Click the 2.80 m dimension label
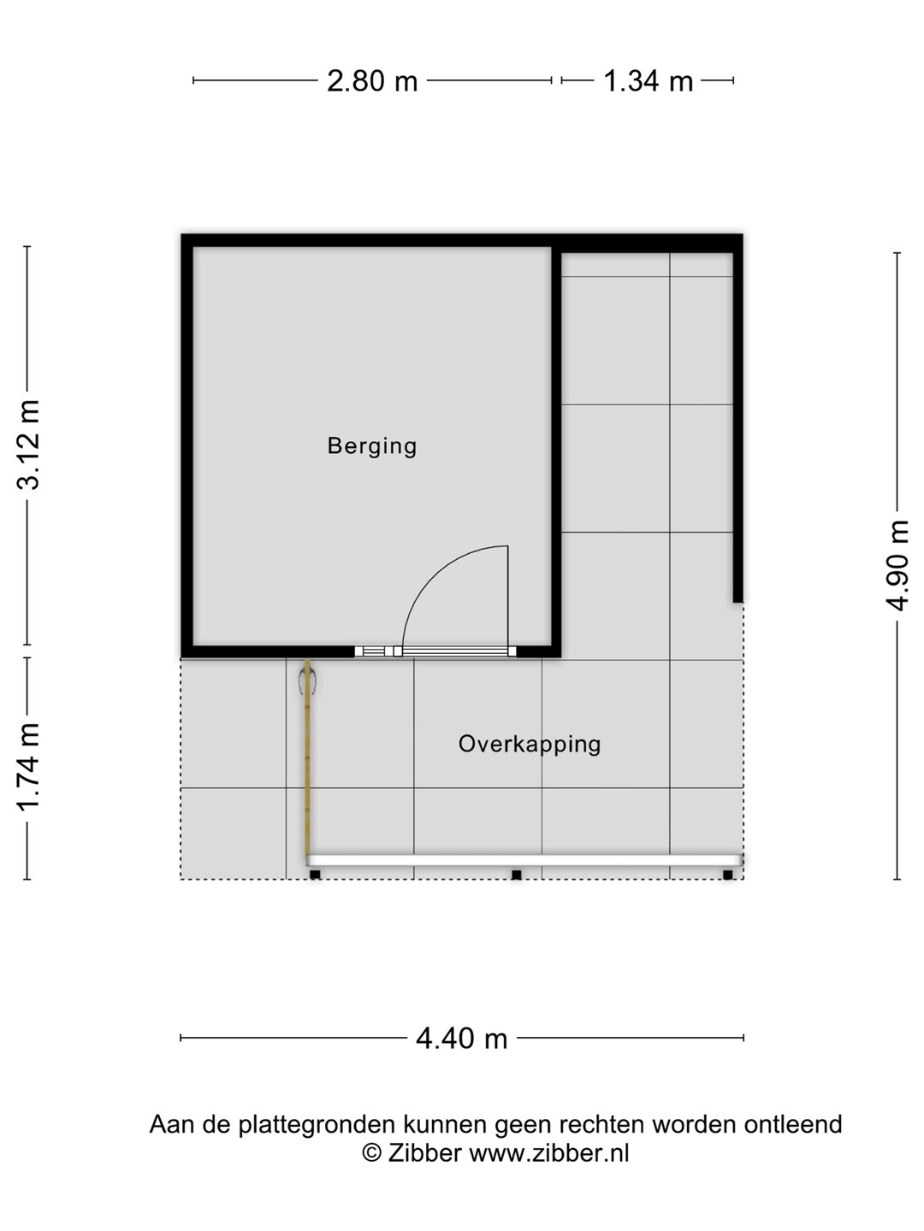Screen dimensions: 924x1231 pyautogui.click(x=372, y=81)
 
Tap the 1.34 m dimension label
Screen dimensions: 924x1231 pyautogui.click(x=648, y=81)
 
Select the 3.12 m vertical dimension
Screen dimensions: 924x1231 pyautogui.click(x=28, y=445)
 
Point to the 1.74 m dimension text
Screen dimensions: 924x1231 pyautogui.click(x=28, y=767)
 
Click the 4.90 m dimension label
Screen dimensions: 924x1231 pyautogui.click(x=897, y=565)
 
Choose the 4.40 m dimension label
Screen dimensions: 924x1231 pyautogui.click(x=462, y=1039)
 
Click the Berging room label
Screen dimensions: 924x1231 pyautogui.click(x=372, y=447)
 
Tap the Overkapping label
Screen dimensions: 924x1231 pyautogui.click(x=530, y=745)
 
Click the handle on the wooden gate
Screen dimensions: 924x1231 pyautogui.click(x=307, y=683)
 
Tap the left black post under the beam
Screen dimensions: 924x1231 pyautogui.click(x=315, y=875)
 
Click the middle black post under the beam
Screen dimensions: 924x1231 pyautogui.click(x=517, y=875)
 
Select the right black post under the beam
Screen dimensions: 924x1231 pyautogui.click(x=727, y=875)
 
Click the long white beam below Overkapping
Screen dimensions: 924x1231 pyautogui.click(x=524, y=860)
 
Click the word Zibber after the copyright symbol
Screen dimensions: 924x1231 pyautogui.click(x=424, y=1153)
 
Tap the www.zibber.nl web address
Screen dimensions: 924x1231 pyautogui.click(x=548, y=1153)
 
